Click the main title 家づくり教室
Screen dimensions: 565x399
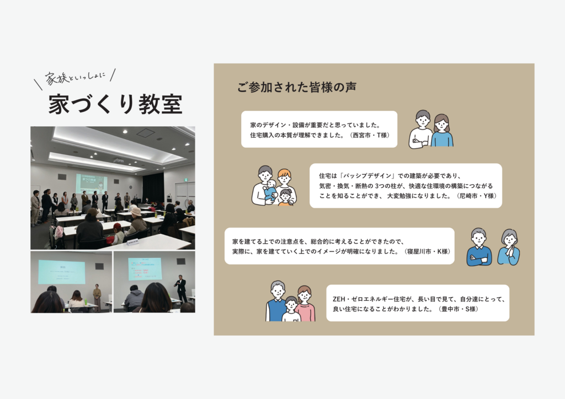pos(115,104)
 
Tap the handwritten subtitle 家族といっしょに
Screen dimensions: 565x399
pos(75,77)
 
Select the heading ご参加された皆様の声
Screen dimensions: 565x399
pos(296,87)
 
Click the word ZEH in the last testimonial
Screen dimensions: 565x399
pos(339,299)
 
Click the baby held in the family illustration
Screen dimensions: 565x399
pos(270,191)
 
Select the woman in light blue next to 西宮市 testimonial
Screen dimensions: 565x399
pos(442,130)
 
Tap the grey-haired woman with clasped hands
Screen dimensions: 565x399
pos(509,247)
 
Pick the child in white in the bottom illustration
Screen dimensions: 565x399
pos(291,309)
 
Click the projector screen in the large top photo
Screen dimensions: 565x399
pos(92,184)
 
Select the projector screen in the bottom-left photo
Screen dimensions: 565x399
pos(62,272)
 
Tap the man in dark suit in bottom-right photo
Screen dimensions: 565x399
pos(181,288)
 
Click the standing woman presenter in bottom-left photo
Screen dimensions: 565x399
pos(97,297)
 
